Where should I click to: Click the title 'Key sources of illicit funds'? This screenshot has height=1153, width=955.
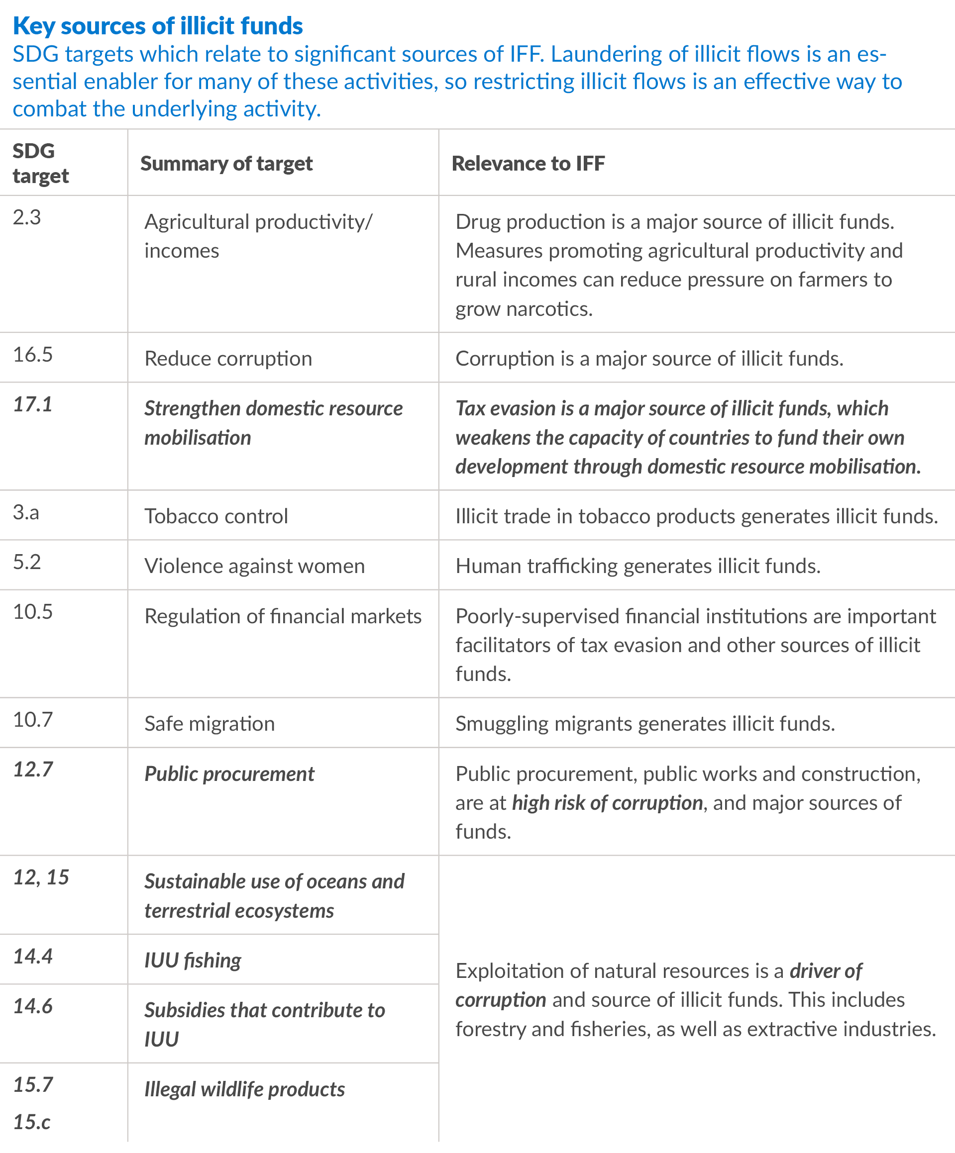click(158, 26)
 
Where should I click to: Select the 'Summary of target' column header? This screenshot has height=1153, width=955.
click(226, 163)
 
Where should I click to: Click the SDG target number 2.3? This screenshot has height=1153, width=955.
click(27, 217)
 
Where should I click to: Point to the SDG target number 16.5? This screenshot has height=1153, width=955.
click(33, 355)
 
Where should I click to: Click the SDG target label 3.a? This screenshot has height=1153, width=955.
click(26, 512)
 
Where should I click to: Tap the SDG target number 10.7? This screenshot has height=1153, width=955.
click(33, 719)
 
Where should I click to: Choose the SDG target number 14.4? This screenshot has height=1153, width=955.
click(33, 957)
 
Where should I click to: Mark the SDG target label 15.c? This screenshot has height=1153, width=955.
click(32, 1122)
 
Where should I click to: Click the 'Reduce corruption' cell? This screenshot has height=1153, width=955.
click(228, 359)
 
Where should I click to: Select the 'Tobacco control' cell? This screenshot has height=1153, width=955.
click(216, 516)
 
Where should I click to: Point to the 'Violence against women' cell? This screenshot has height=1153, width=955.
click(254, 566)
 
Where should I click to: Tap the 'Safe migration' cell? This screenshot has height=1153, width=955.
click(209, 724)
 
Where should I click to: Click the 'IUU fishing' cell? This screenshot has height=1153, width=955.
click(193, 961)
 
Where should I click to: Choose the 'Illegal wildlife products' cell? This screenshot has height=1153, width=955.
click(244, 1089)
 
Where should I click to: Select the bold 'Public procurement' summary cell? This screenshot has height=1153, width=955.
click(229, 773)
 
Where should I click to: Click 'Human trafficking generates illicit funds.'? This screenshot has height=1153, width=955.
click(637, 566)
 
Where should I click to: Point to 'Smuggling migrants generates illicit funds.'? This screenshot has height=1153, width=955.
click(645, 724)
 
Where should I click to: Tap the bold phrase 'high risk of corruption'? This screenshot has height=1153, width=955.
click(607, 803)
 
